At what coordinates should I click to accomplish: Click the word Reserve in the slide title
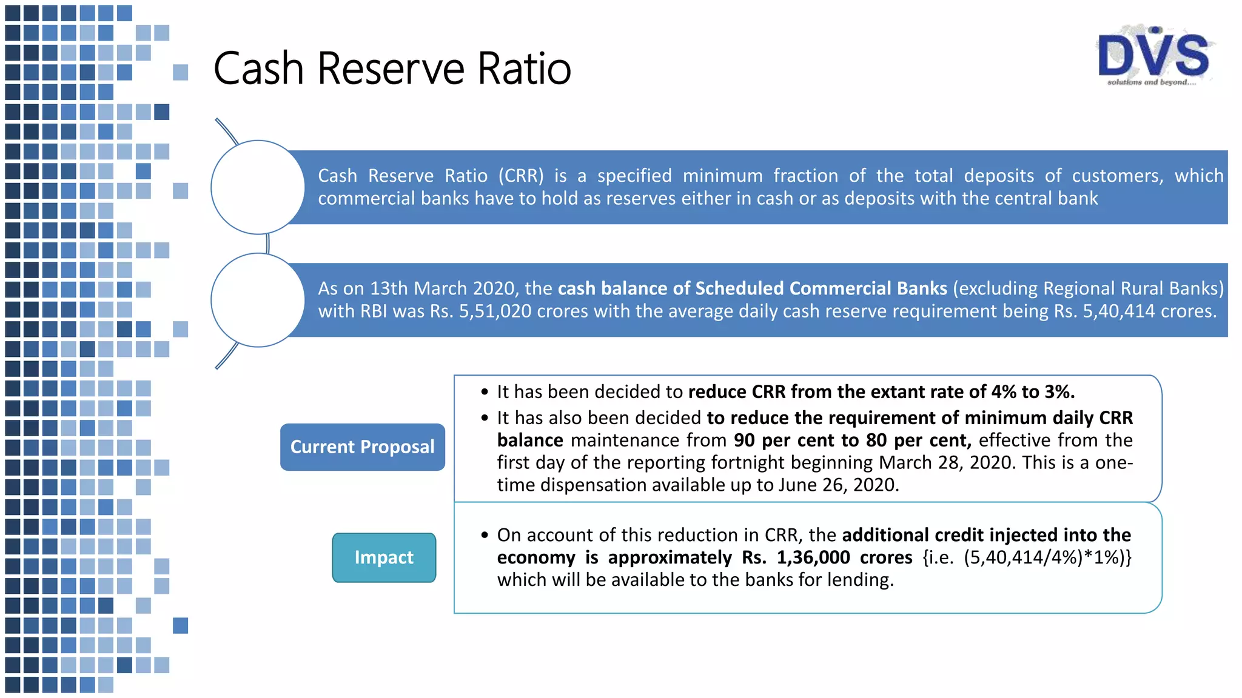391,68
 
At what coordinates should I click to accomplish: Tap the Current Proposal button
362,447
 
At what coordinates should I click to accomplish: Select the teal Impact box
384,557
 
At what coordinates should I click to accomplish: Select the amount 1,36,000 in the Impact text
813,557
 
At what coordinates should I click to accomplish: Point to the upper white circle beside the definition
258,187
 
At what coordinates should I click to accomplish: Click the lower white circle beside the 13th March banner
258,300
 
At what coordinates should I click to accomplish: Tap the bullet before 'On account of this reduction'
485,535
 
